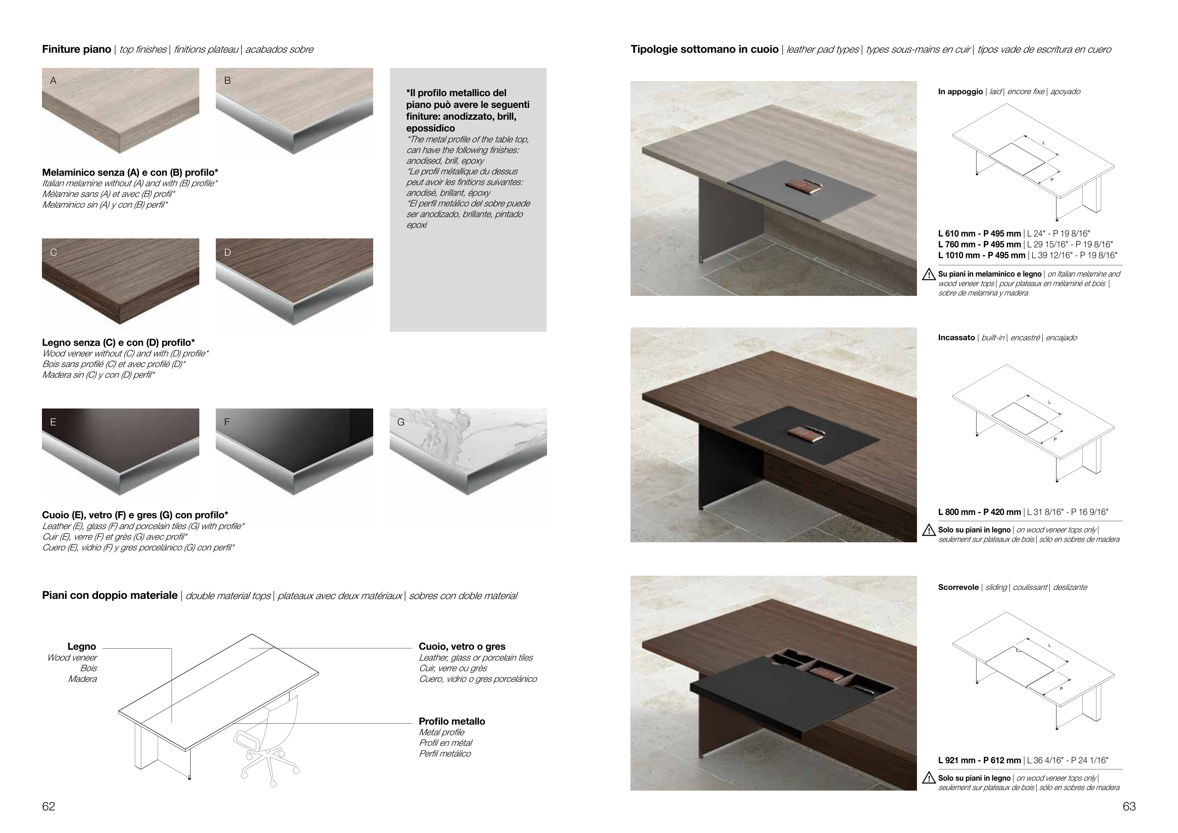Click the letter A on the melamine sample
53,81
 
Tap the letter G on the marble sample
401,422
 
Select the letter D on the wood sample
228,253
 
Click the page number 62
48,806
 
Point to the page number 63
1129,806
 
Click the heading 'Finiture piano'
76,49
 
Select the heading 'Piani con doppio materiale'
110,596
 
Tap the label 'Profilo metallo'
451,721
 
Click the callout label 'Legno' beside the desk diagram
82,646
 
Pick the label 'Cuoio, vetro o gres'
462,646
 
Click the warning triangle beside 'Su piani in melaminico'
929,275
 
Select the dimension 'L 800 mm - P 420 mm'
980,512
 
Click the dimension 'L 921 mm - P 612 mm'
980,760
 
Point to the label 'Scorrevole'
958,588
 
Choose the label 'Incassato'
957,337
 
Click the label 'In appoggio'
960,92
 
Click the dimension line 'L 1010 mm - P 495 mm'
1028,255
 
